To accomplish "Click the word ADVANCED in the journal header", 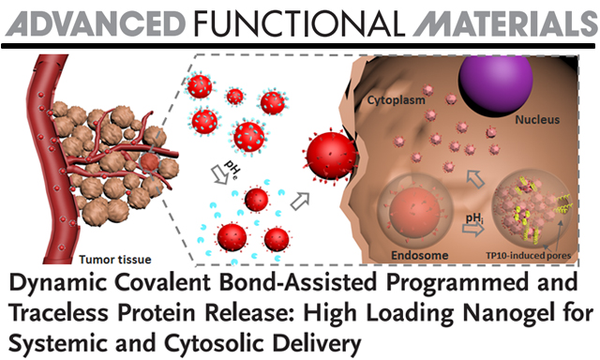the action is [x=96, y=22].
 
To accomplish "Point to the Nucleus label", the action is [x=537, y=120].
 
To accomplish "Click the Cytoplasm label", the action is [x=396, y=100].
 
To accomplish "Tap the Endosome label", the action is [x=419, y=255].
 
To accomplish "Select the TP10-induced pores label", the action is [x=528, y=256].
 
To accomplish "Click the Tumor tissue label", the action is [x=114, y=260].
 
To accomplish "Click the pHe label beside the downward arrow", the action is [x=232, y=169].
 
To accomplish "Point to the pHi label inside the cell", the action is [x=473, y=218].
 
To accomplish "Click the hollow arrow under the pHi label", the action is [x=473, y=230].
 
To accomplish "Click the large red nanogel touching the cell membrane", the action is [x=331, y=156].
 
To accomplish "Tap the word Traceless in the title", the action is [x=58, y=313].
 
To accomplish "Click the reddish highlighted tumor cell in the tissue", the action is [x=149, y=162].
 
